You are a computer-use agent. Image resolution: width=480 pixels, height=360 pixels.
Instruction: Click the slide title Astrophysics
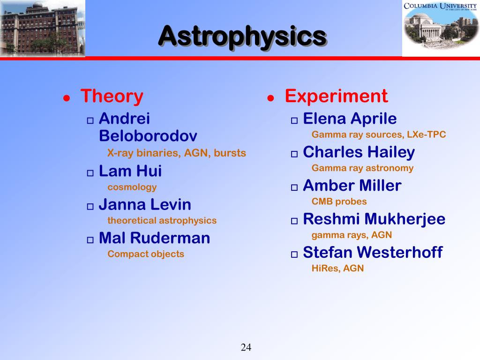pyautogui.click(x=243, y=37)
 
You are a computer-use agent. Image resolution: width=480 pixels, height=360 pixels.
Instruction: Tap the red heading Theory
pyautogui.click(x=112, y=97)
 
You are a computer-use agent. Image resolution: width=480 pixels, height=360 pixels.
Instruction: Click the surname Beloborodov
pyautogui.click(x=148, y=135)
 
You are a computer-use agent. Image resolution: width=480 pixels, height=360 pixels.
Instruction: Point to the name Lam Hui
pyautogui.click(x=130, y=171)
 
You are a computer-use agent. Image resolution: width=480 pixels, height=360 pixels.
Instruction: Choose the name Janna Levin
pyautogui.click(x=145, y=204)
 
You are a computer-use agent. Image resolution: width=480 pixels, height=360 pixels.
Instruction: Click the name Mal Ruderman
pyautogui.click(x=155, y=238)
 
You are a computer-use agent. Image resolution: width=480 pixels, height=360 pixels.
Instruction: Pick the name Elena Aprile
pyautogui.click(x=350, y=119)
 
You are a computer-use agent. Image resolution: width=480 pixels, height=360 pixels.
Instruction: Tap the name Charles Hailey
pyautogui.click(x=359, y=152)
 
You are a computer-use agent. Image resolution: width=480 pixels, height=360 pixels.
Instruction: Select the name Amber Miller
pyautogui.click(x=352, y=186)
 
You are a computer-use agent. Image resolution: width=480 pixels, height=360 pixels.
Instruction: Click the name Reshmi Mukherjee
pyautogui.click(x=374, y=219)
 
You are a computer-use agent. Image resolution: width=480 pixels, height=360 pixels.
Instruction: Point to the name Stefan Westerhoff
pyautogui.click(x=373, y=252)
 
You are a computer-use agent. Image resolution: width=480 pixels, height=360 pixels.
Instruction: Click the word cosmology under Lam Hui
pyautogui.click(x=132, y=187)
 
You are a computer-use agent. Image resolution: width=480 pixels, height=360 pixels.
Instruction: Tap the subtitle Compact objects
pyautogui.click(x=146, y=254)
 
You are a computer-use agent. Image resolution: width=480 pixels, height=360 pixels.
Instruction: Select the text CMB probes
pyautogui.click(x=339, y=202)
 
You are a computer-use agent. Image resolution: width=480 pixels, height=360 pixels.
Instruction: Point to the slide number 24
pyautogui.click(x=246, y=347)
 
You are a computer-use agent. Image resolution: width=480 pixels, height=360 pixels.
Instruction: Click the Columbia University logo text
pyautogui.click(x=440, y=6)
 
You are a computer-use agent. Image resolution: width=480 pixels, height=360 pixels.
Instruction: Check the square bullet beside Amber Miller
pyautogui.click(x=294, y=187)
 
